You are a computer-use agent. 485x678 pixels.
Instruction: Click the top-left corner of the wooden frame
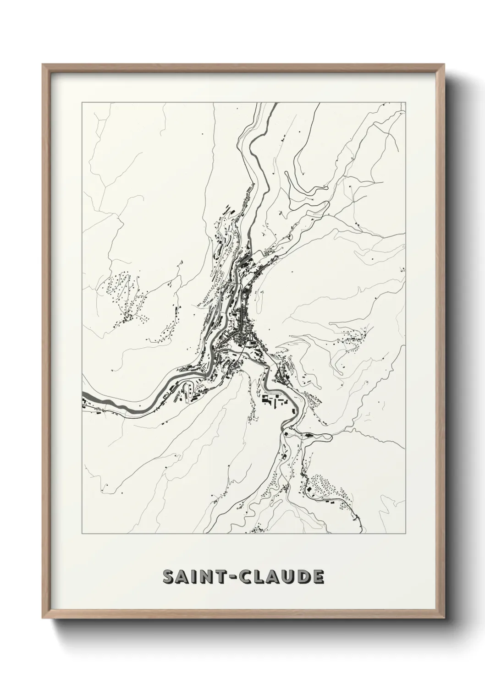[x=43, y=64]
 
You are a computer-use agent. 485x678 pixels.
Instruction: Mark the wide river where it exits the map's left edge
[x=84, y=394]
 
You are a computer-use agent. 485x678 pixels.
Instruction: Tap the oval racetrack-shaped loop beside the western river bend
[x=187, y=392]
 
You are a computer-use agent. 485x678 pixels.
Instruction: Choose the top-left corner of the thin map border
[x=82, y=103]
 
